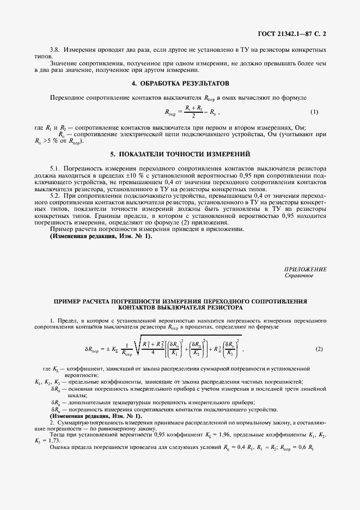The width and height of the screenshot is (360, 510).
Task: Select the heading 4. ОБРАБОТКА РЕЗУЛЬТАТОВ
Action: point(180,83)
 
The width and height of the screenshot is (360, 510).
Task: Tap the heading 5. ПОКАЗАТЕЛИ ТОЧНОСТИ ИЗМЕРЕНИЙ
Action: point(180,154)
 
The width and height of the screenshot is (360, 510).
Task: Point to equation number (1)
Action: point(314,112)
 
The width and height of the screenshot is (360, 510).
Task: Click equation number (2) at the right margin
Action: point(319,349)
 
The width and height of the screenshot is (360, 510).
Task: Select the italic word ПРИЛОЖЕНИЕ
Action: point(306,269)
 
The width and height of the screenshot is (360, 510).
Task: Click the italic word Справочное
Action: point(299,276)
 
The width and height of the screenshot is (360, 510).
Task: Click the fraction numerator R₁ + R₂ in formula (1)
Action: point(194,108)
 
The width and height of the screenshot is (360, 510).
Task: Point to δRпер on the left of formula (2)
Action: point(94,350)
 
